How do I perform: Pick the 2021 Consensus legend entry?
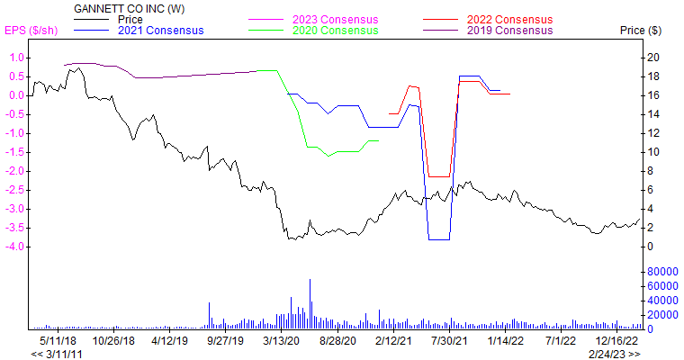(160, 31)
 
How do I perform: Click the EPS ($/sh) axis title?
(32, 31)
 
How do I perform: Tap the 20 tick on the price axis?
(653, 58)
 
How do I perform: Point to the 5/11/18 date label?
(58, 341)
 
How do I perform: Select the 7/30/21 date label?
(450, 341)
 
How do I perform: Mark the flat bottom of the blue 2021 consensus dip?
(439, 239)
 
